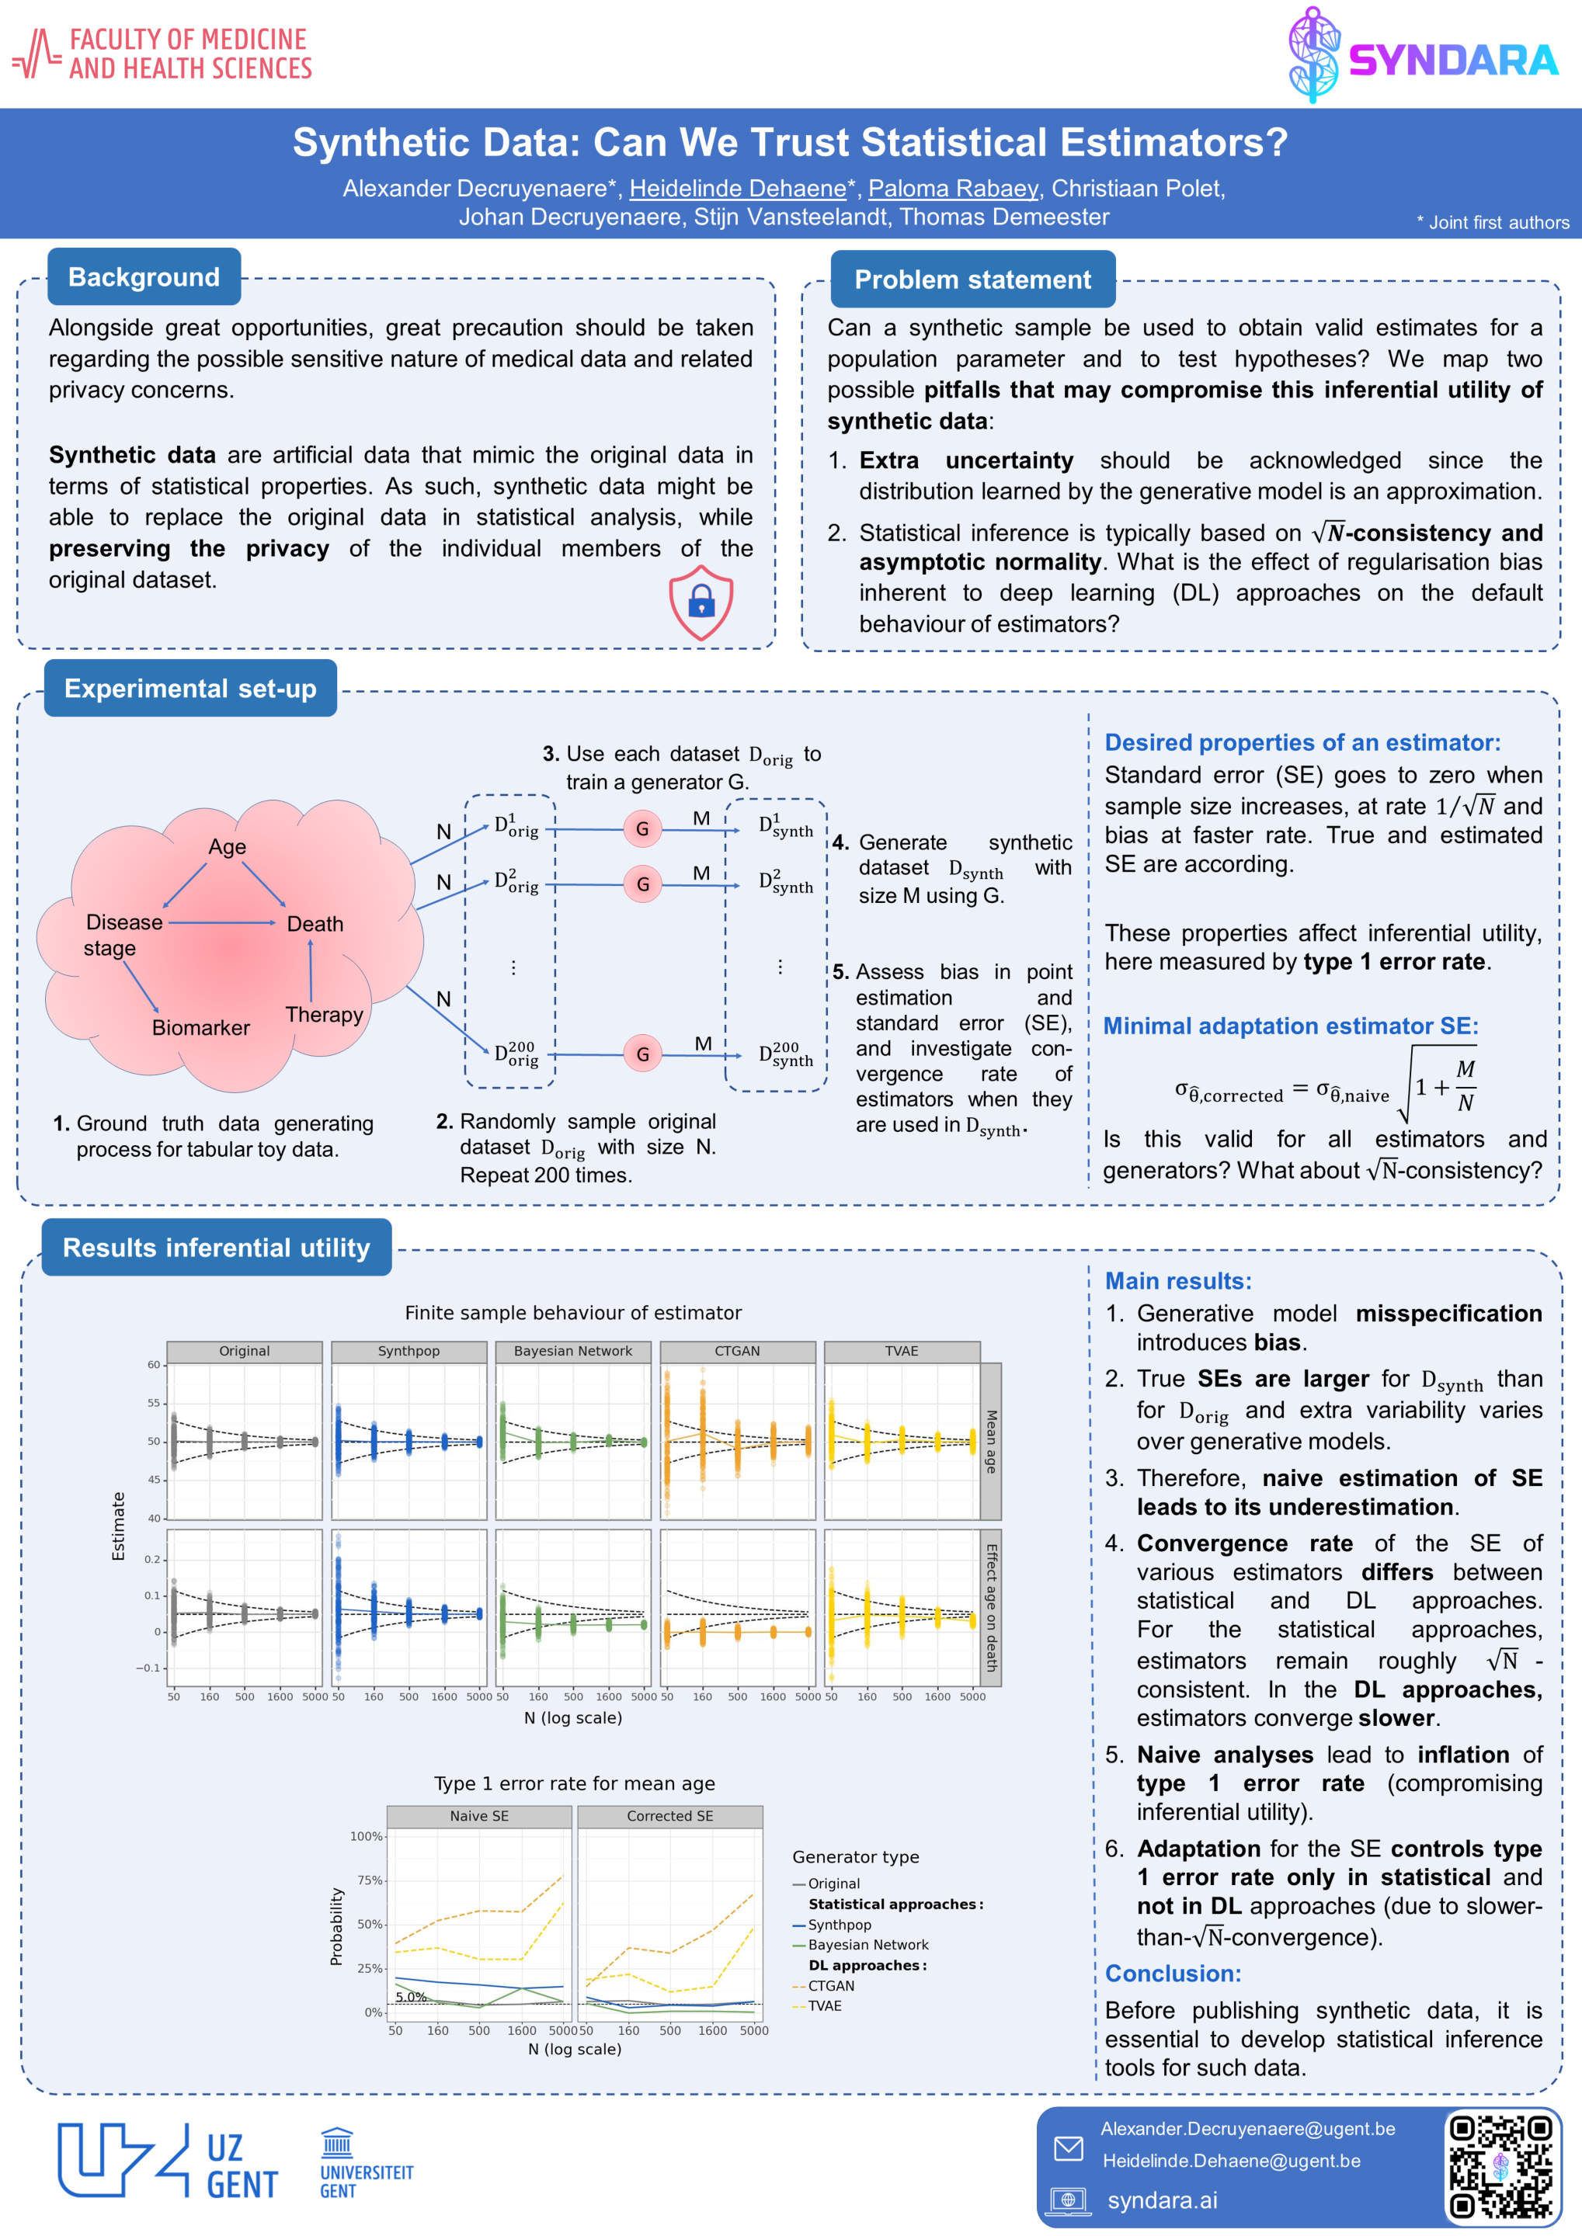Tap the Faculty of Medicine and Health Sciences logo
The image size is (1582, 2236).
click(x=162, y=54)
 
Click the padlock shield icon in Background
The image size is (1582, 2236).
click(x=701, y=602)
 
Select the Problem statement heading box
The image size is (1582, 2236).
click(x=972, y=279)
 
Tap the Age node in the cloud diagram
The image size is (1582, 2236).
click(x=227, y=846)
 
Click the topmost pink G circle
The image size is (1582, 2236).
click(x=642, y=828)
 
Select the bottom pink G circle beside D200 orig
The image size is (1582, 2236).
click(x=642, y=1054)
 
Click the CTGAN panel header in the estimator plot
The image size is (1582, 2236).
click(x=736, y=1351)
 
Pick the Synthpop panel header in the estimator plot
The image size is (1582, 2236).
click(x=409, y=1351)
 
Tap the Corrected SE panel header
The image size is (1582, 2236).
click(x=669, y=1816)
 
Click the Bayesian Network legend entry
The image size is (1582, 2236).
click(x=867, y=1945)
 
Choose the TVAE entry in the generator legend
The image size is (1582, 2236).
click(x=824, y=2006)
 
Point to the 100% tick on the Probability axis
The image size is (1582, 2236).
click(x=367, y=1837)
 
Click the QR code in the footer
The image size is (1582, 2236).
click(x=1500, y=2167)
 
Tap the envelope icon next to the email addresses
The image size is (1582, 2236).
click(x=1069, y=2147)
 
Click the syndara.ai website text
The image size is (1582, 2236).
click(x=1162, y=2200)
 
